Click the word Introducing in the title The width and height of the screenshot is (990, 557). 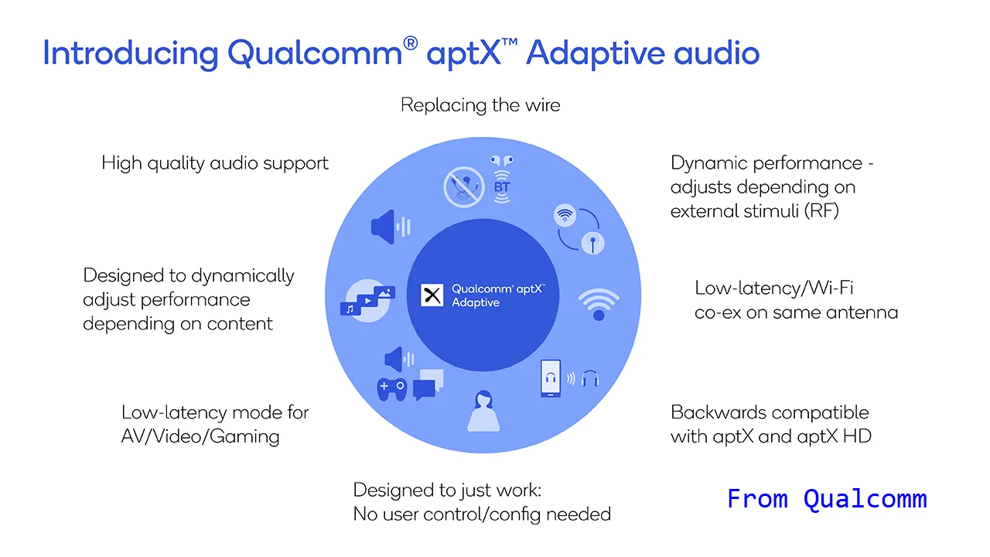pyautogui.click(x=131, y=53)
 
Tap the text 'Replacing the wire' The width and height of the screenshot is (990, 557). pyautogui.click(x=480, y=105)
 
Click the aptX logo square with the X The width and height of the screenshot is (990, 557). pyautogui.click(x=432, y=296)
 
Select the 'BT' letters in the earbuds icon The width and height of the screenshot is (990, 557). pyautogui.click(x=502, y=187)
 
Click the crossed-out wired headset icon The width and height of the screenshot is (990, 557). pyautogui.click(x=463, y=187)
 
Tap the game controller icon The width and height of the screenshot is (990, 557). pyautogui.click(x=392, y=389)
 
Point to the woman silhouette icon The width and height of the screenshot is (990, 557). pyautogui.click(x=483, y=411)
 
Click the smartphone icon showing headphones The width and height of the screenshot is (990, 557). pyautogui.click(x=551, y=378)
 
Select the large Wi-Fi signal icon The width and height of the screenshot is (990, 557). pyautogui.click(x=599, y=304)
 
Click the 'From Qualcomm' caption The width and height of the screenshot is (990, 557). pyautogui.click(x=827, y=499)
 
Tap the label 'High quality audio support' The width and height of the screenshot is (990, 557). pyautogui.click(x=215, y=163)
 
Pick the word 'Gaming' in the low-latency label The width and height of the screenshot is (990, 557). pyautogui.click(x=244, y=437)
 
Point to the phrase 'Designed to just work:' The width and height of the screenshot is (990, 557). pyautogui.click(x=447, y=490)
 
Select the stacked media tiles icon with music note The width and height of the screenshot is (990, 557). pyautogui.click(x=367, y=301)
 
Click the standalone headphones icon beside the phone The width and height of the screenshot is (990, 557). pyautogui.click(x=590, y=378)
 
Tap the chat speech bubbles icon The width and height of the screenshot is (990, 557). pyautogui.click(x=428, y=384)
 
